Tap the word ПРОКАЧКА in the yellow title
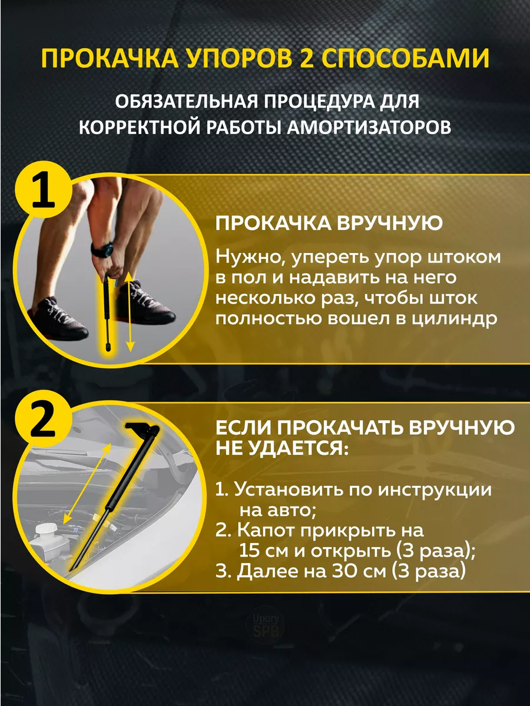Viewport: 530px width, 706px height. coord(110,58)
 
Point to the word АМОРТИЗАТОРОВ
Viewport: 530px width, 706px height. coord(369,127)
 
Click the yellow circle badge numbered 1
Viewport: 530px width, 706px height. coord(42,190)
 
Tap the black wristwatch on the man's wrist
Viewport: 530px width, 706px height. coord(102,249)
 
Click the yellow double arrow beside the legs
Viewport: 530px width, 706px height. coord(130,312)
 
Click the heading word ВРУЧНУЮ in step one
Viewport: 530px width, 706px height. coord(389,223)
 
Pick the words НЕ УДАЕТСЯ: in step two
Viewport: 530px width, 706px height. coord(281,448)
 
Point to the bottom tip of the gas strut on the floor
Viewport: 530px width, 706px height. coord(107,349)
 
